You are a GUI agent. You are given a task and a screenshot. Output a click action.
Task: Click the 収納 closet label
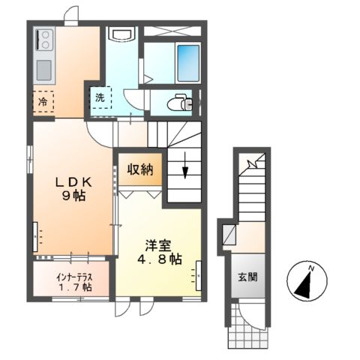point(140,169)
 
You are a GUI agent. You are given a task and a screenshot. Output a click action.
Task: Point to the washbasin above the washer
point(120,34)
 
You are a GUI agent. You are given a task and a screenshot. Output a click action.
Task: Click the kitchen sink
point(43,67)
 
